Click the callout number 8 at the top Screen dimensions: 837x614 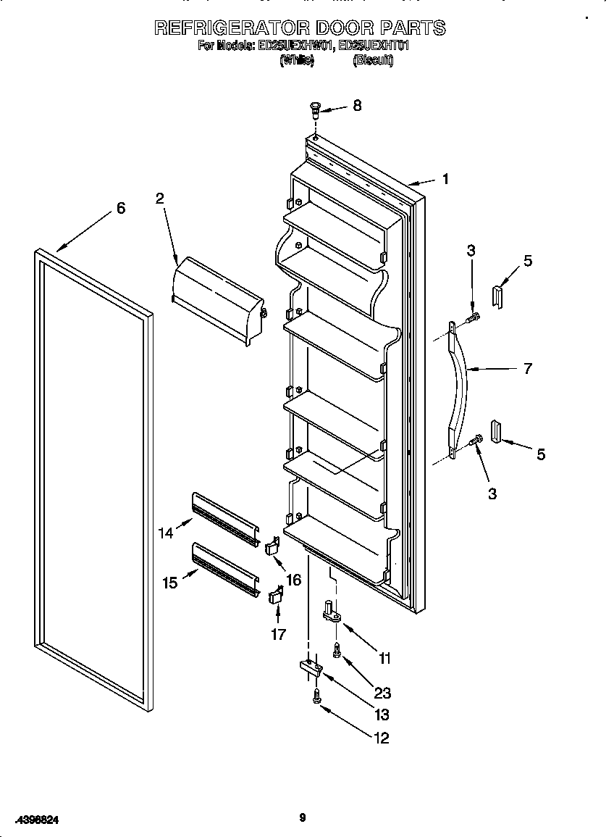356,105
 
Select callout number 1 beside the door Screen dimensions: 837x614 445,178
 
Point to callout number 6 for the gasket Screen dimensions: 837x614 121,208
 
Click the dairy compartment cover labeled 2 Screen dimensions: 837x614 217,297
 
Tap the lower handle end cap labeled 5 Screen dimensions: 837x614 496,432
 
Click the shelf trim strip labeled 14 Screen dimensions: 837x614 225,519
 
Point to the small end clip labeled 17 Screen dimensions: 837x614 275,596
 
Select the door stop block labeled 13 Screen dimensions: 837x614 309,668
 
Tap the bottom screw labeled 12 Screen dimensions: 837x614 317,696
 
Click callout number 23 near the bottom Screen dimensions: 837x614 382,693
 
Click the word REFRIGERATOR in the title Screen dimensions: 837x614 232,28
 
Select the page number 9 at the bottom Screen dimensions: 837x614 303,818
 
